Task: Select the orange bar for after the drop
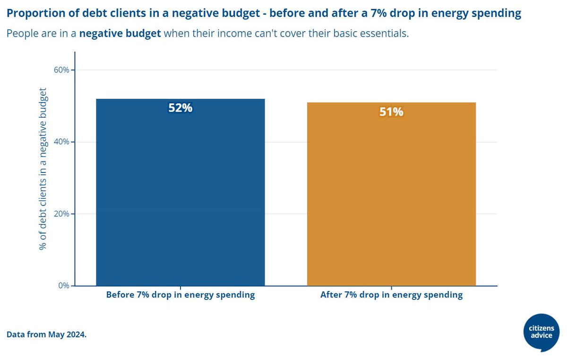[x=391, y=194]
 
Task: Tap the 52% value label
[x=180, y=108]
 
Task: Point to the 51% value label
[x=391, y=112]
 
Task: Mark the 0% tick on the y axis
[x=63, y=285]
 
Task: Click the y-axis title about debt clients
[x=43, y=169]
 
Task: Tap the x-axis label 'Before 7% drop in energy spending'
[x=180, y=295]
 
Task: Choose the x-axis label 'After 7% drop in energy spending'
[x=391, y=295]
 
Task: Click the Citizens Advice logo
[x=541, y=332]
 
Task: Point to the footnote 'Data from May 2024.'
[x=46, y=334]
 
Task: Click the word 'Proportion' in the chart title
[x=32, y=14]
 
